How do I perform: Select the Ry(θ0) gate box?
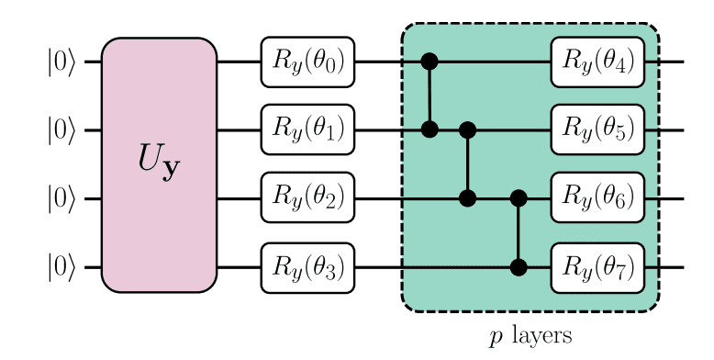[x=307, y=62]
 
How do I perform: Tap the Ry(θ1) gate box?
[x=307, y=130]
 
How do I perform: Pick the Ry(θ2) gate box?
[x=307, y=198]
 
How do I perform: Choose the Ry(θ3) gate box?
[x=307, y=267]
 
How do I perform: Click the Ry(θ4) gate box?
[x=597, y=62]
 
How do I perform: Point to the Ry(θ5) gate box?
[x=597, y=130]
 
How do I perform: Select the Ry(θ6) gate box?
[x=597, y=198]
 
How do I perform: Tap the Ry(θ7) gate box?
[x=597, y=267]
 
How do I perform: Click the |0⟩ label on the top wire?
[x=61, y=62]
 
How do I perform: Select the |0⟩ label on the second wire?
[x=61, y=130]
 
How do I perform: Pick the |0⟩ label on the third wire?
[x=61, y=199]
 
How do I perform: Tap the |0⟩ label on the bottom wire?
[x=61, y=267]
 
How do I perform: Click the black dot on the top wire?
[x=429, y=62]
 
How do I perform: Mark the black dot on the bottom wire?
[x=519, y=267]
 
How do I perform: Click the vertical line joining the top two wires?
[x=429, y=96]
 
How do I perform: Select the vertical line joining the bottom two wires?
[x=519, y=233]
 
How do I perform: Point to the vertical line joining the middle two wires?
[x=467, y=164]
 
